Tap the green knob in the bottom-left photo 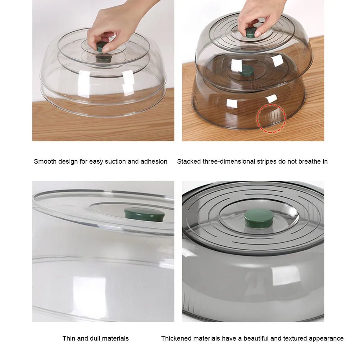coord(144,214)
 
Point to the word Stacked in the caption coord(189,161)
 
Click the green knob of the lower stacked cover coord(248,70)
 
